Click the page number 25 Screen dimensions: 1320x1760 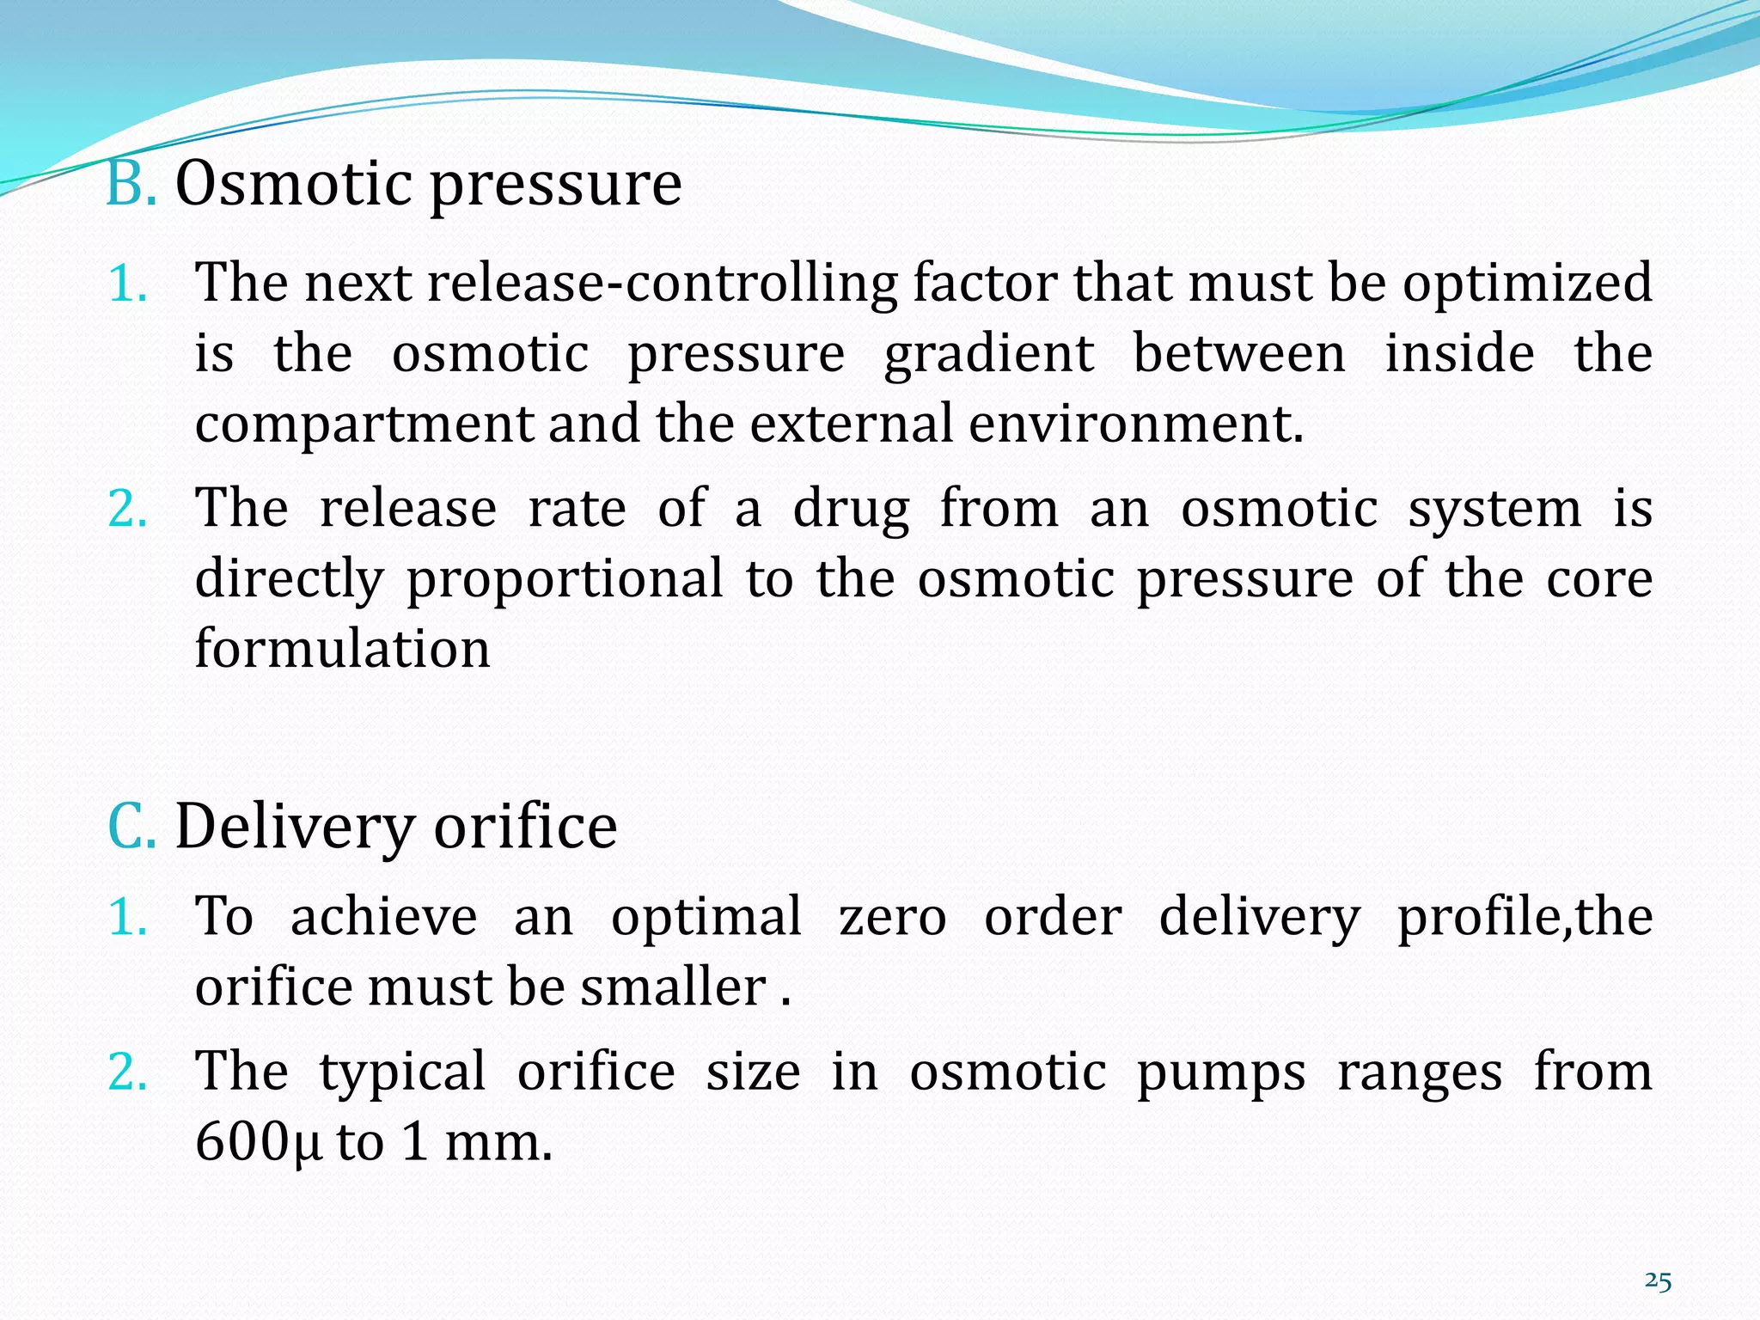click(1658, 1281)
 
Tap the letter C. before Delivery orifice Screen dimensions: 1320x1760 click(131, 826)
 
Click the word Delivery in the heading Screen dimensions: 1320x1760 click(295, 828)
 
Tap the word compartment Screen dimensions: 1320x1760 click(364, 425)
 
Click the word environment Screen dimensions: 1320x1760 click(1135, 424)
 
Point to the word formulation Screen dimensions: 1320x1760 click(342, 649)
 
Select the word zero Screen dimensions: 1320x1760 click(892, 917)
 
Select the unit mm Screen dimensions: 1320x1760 click(498, 1143)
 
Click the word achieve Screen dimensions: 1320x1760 click(383, 917)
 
